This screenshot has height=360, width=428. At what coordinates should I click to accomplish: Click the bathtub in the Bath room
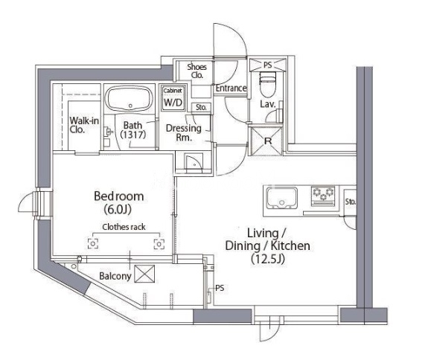[x=129, y=98]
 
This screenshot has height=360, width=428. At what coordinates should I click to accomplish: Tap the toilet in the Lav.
[x=268, y=84]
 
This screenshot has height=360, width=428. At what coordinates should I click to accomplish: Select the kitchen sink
[x=282, y=198]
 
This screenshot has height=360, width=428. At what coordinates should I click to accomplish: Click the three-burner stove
[x=324, y=196]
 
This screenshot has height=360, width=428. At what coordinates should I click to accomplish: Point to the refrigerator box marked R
[x=267, y=141]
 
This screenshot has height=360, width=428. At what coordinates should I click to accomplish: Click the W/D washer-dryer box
[x=173, y=99]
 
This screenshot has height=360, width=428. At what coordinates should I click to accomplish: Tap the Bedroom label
[x=119, y=196]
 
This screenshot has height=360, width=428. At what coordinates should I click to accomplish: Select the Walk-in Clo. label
[x=84, y=125]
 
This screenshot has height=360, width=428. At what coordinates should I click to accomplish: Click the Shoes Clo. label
[x=197, y=71]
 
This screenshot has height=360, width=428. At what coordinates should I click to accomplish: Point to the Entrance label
[x=231, y=88]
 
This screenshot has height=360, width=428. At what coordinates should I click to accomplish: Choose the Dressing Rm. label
[x=183, y=132]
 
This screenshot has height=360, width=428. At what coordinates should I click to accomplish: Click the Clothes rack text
[x=124, y=227]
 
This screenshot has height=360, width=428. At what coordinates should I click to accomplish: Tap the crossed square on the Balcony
[x=144, y=274]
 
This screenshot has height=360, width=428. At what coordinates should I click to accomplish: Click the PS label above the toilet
[x=268, y=65]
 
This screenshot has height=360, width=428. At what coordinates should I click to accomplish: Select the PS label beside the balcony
[x=220, y=288]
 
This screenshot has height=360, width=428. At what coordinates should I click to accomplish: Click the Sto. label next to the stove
[x=350, y=202]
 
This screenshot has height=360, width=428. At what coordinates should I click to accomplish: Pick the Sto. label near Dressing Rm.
[x=201, y=107]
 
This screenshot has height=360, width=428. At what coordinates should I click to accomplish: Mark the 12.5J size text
[x=268, y=259]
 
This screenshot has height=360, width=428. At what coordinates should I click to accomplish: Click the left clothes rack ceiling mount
[x=93, y=243]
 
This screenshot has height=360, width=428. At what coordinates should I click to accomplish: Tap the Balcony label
[x=115, y=276]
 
